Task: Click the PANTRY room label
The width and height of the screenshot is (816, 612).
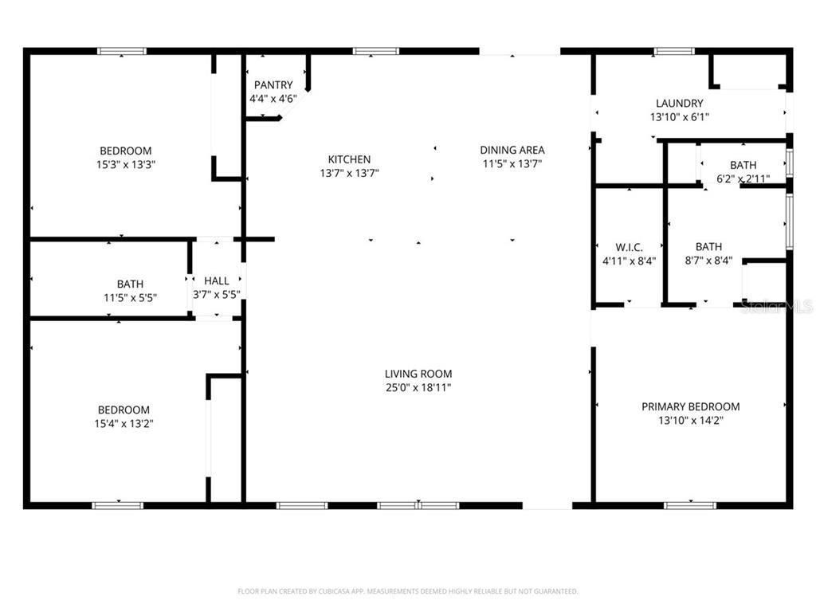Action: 273,85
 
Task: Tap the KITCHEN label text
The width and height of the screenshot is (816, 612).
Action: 349,159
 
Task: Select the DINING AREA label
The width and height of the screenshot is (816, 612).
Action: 512,150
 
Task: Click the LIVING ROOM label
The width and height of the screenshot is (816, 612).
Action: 418,374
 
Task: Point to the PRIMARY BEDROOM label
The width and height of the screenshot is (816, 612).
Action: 690,406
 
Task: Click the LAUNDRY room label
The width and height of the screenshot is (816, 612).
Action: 679,103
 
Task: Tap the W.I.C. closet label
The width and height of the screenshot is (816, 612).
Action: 629,247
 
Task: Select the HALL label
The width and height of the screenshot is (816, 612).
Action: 217,281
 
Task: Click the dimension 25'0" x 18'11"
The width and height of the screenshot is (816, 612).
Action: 418,387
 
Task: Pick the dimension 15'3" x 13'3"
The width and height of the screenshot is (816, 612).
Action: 125,164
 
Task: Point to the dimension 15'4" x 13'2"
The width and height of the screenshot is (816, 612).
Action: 124,424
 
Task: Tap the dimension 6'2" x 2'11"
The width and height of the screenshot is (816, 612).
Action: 743,178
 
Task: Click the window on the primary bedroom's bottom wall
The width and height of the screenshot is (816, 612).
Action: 689,504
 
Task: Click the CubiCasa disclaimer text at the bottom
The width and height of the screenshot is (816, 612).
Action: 407,591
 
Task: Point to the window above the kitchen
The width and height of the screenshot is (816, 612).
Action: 376,52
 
